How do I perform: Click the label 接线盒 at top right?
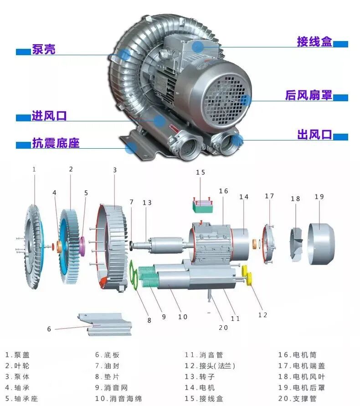coord(314,42)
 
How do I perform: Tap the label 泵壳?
coord(43,49)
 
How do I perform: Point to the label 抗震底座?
coord(56,143)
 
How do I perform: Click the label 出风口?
coord(314,135)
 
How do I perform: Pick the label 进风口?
coord(49,116)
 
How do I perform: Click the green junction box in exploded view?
coord(203,206)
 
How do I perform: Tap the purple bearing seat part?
coord(82,246)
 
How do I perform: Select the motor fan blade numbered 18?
coord(296,244)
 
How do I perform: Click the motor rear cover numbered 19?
coord(321,244)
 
